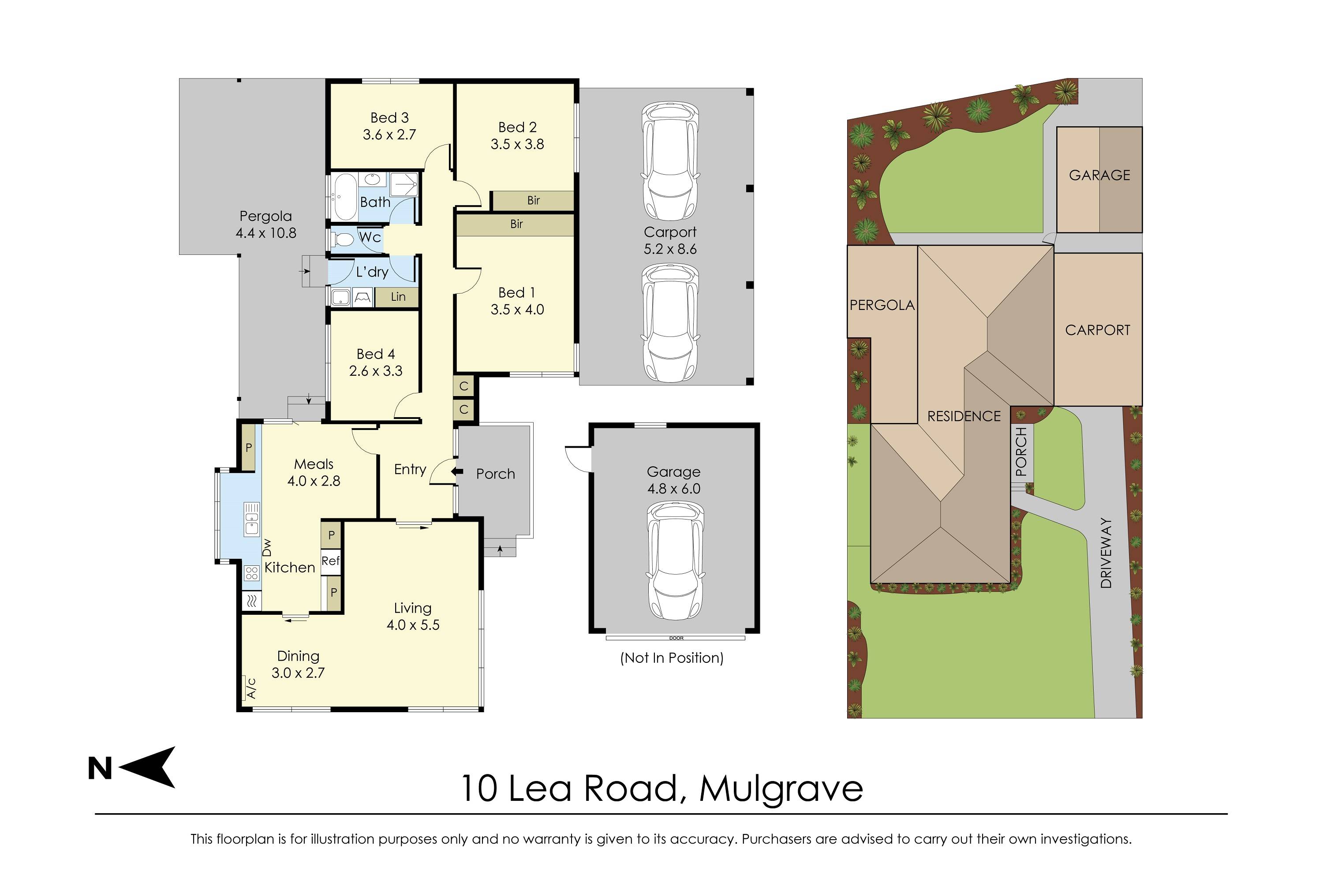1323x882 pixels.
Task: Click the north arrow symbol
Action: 147,767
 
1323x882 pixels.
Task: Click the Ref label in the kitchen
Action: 331,561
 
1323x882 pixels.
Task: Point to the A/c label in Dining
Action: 251,688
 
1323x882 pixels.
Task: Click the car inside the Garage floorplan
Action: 675,561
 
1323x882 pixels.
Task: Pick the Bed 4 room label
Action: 376,354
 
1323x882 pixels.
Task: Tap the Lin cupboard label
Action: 398,297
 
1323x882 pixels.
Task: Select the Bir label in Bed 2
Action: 533,200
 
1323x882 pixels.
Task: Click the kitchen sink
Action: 251,519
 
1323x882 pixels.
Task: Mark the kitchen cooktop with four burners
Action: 251,573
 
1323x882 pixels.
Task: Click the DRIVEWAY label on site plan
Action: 1106,553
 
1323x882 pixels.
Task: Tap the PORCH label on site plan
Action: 1021,452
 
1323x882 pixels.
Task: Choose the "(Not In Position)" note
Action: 672,658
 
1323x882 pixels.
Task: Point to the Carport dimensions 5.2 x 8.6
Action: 670,249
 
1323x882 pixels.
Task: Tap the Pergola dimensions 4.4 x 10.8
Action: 265,233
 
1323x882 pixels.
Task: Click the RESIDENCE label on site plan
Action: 964,416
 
